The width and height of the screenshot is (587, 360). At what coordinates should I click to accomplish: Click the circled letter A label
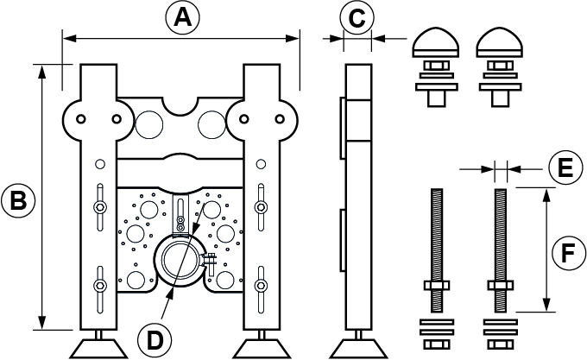coord(179,17)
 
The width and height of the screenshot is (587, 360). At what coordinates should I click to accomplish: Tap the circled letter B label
coord(18,201)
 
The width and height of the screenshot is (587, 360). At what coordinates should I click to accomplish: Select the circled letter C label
coord(357,17)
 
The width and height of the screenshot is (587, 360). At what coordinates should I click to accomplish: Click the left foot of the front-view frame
coord(101,347)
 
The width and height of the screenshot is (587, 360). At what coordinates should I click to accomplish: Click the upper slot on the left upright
coord(100,205)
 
